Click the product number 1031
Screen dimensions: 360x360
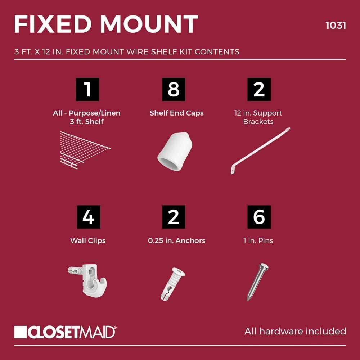click(335, 26)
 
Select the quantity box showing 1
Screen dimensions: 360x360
click(88, 89)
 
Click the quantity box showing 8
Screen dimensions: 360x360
click(174, 89)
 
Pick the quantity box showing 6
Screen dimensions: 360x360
click(259, 217)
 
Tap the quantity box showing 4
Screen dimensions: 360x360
click(88, 217)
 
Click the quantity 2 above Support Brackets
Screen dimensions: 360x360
click(259, 89)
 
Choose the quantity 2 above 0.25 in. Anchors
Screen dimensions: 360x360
click(174, 217)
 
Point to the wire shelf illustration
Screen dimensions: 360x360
click(85, 149)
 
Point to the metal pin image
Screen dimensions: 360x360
click(257, 282)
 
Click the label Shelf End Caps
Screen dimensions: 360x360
click(176, 113)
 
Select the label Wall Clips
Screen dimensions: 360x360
click(88, 240)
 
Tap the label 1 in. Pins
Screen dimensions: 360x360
click(258, 240)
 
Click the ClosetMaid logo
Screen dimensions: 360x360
click(65, 332)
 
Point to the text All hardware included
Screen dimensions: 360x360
click(295, 331)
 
